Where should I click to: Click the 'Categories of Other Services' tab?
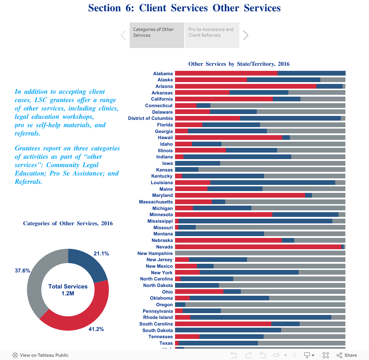(x=157, y=35)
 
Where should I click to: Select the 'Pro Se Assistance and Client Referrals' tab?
(x=212, y=35)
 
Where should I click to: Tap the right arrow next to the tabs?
(x=246, y=35)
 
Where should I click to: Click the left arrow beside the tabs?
(x=123, y=35)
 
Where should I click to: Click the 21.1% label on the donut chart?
(x=101, y=254)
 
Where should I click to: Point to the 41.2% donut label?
(x=96, y=329)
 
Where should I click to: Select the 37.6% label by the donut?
(x=23, y=271)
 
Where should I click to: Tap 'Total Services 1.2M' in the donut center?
(x=68, y=290)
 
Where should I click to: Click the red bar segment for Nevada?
(x=258, y=247)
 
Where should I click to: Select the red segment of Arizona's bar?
(x=246, y=86)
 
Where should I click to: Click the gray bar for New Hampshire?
(x=260, y=253)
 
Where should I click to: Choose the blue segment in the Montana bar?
(x=219, y=234)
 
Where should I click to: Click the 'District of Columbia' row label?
(x=150, y=118)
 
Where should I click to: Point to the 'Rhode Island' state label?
(x=158, y=317)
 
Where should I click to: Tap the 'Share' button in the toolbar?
(x=347, y=355)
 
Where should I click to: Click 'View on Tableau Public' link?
(x=40, y=355)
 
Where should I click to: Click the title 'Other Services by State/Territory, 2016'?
(x=239, y=64)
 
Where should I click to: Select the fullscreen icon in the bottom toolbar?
(x=326, y=355)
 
